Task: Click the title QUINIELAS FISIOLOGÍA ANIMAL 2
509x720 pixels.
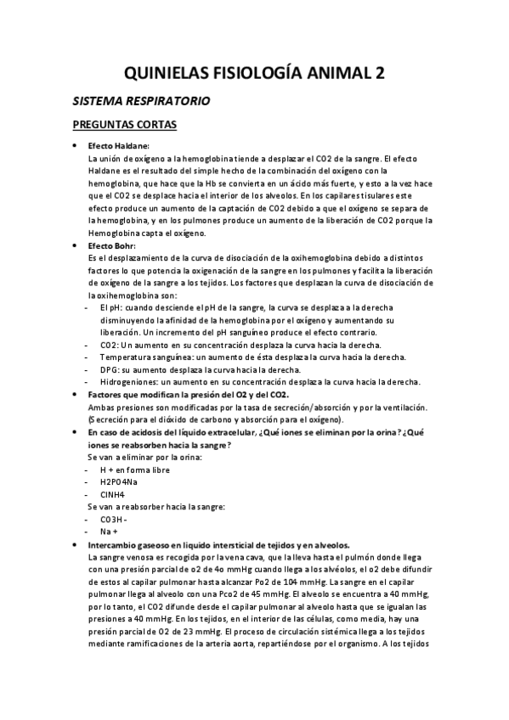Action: pos(254,73)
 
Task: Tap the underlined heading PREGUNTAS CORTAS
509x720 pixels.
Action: pos(124,126)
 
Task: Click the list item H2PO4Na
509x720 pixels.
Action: pos(119,481)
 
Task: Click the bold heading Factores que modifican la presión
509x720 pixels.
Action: pos(189,395)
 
